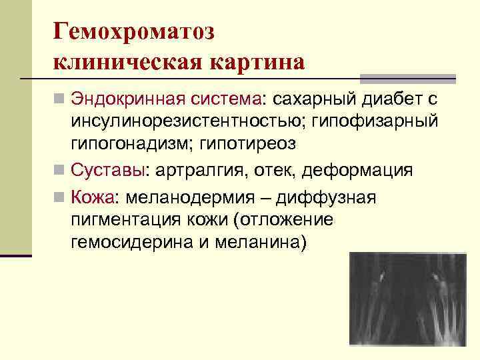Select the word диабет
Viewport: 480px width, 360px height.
(x=383, y=99)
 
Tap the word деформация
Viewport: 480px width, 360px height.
(x=357, y=170)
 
